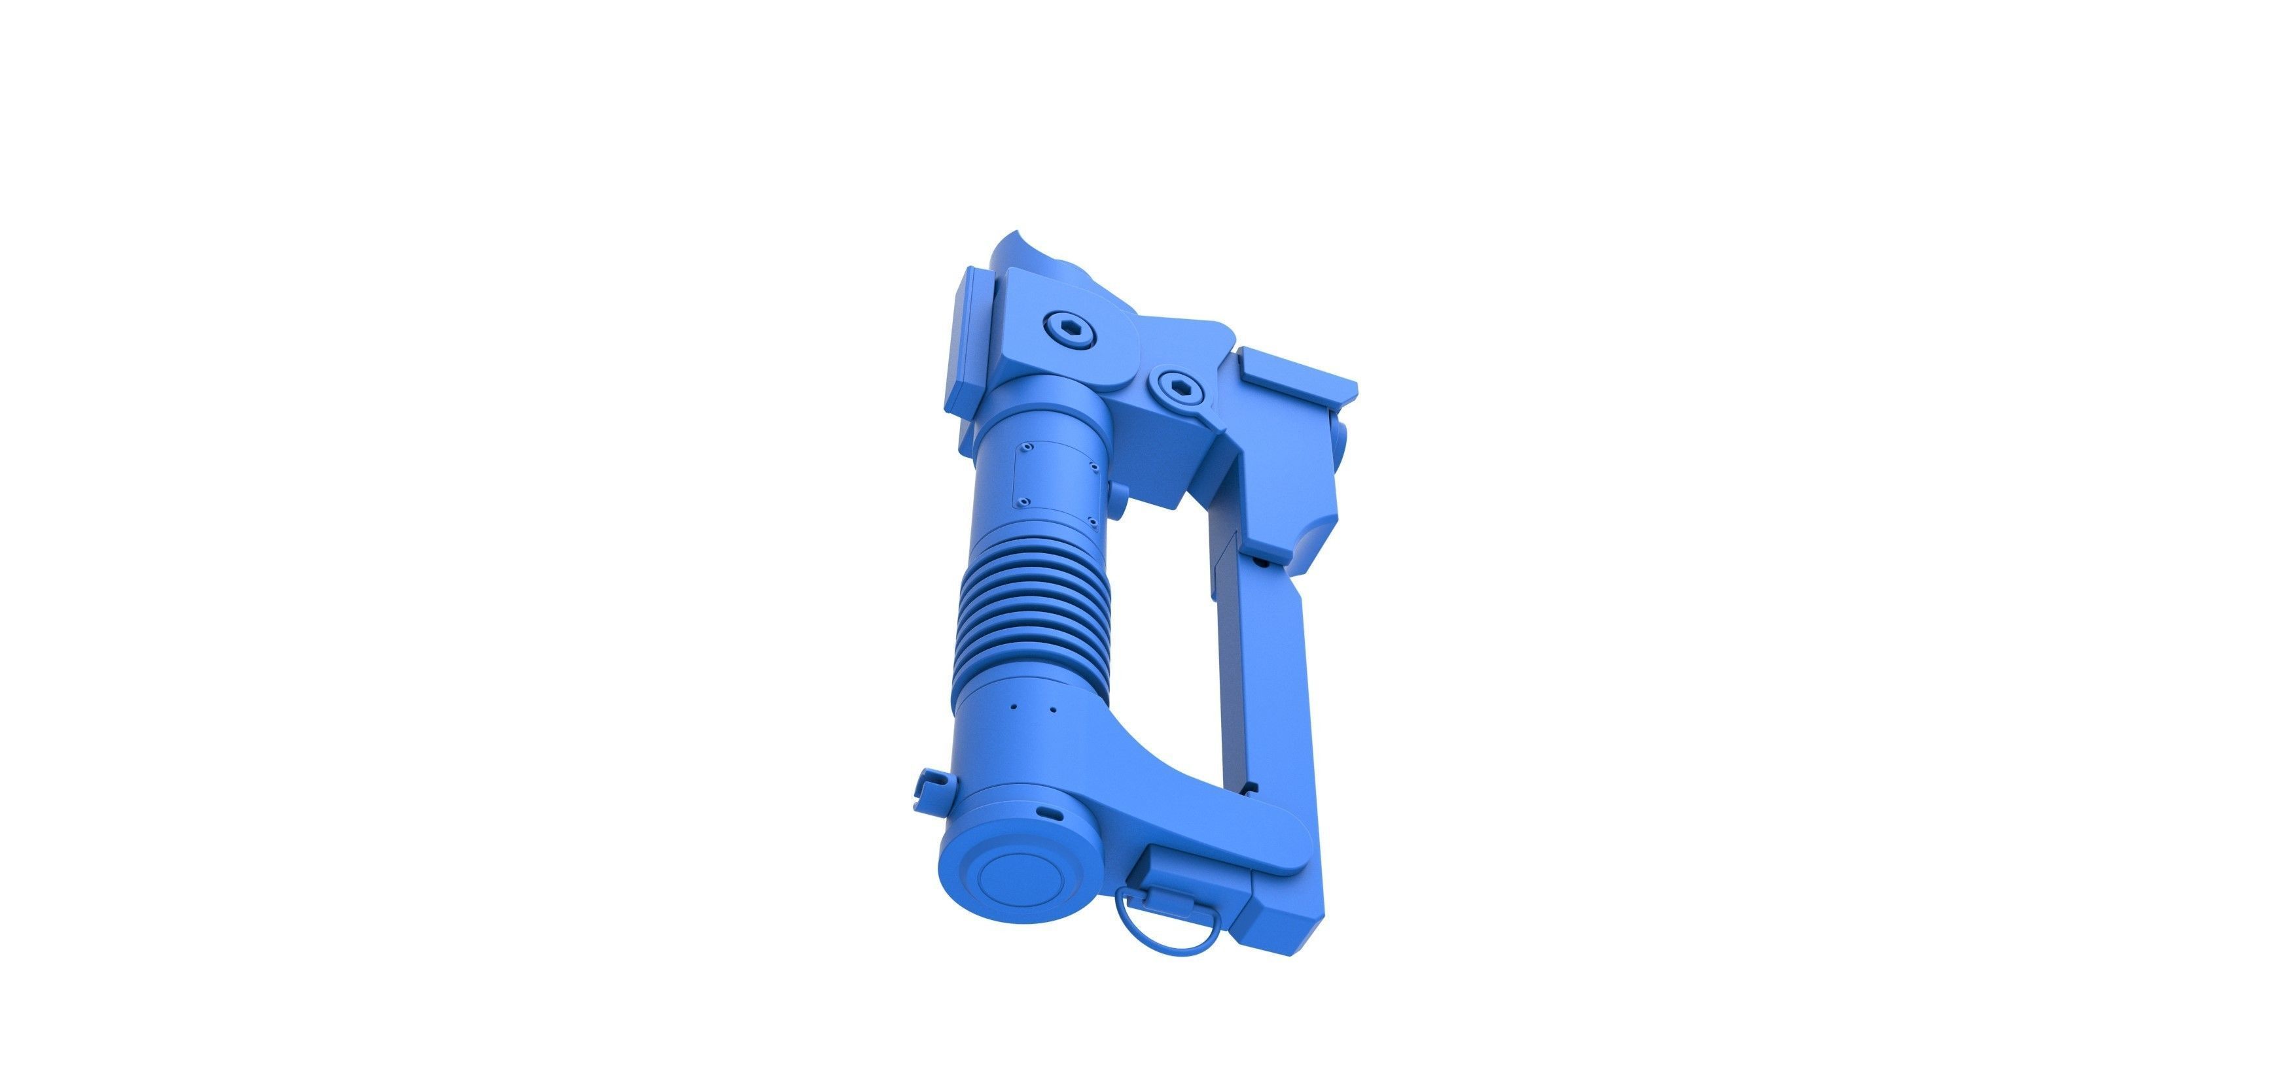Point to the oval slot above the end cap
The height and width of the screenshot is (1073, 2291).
(x=1053, y=813)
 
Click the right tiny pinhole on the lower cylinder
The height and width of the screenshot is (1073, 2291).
(x=1050, y=709)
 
